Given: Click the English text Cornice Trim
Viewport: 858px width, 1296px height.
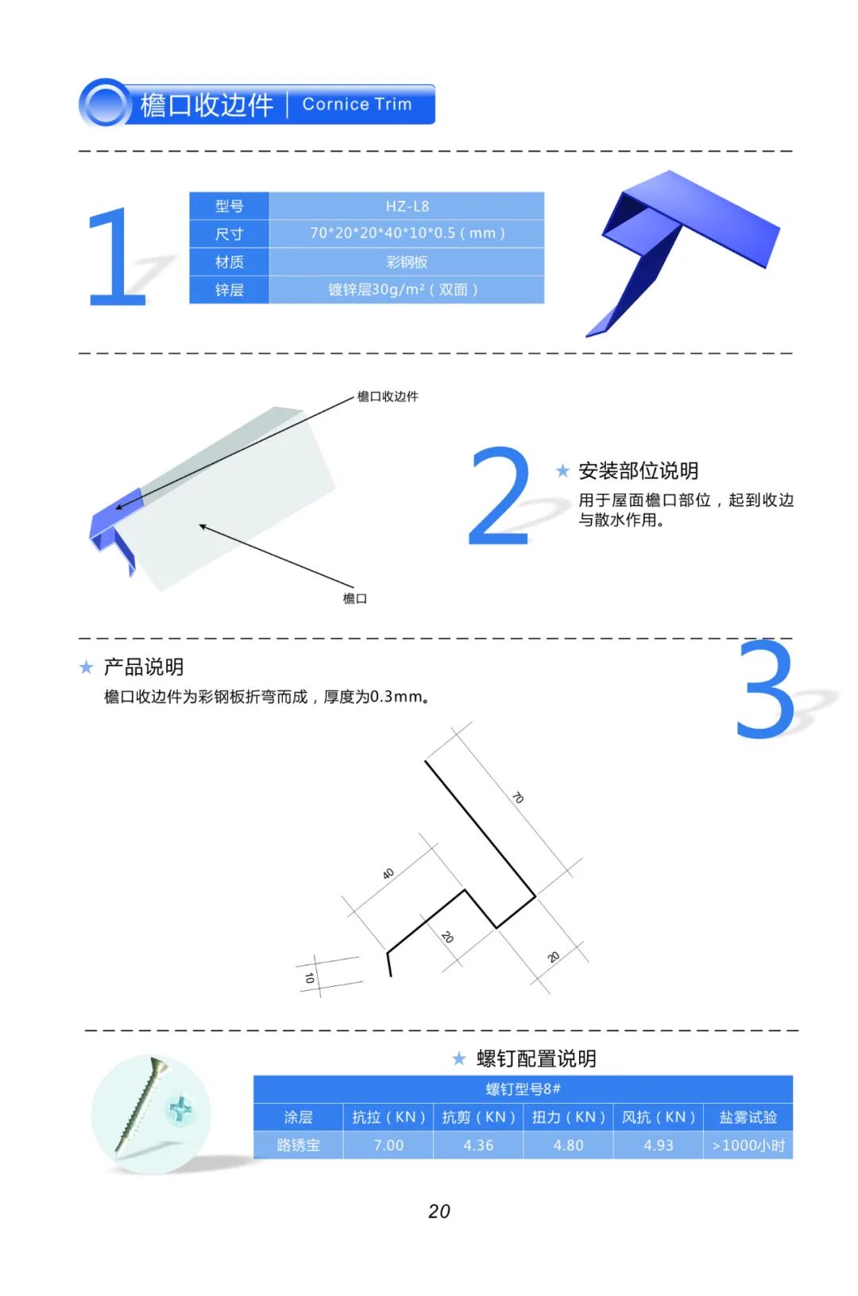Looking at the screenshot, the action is (x=357, y=104).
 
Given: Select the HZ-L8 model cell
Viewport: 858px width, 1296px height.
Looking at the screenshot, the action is (x=407, y=206).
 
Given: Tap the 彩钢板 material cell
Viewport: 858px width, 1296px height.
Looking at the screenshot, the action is (x=407, y=262).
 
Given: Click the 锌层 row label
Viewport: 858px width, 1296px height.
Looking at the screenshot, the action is (x=229, y=289).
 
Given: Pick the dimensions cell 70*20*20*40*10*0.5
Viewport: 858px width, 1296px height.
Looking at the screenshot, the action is (x=407, y=233).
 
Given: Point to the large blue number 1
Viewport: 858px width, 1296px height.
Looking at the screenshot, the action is (x=116, y=257).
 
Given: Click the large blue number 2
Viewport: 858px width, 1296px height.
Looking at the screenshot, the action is (x=499, y=496).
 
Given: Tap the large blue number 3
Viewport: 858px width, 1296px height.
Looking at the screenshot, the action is (x=765, y=688).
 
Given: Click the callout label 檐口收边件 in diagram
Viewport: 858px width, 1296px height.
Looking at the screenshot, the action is (x=388, y=397).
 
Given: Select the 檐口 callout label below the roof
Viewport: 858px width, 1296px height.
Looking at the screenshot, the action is (x=354, y=598).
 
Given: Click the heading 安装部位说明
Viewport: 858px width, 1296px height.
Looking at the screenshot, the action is (x=638, y=470).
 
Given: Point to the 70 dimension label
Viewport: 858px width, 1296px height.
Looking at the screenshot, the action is (x=518, y=798).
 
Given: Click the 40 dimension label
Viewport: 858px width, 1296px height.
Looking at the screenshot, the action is (x=388, y=873).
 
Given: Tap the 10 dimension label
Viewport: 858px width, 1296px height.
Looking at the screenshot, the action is (x=310, y=978).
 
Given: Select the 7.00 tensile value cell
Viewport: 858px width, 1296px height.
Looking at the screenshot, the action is (x=388, y=1145).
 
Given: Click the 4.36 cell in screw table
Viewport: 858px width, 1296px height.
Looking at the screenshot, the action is (x=478, y=1145).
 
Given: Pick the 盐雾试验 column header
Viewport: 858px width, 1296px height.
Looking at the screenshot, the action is (x=748, y=1116).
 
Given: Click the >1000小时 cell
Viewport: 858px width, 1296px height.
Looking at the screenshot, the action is (x=748, y=1145).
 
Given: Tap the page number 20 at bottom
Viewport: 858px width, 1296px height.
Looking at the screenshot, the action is (x=439, y=1211).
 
